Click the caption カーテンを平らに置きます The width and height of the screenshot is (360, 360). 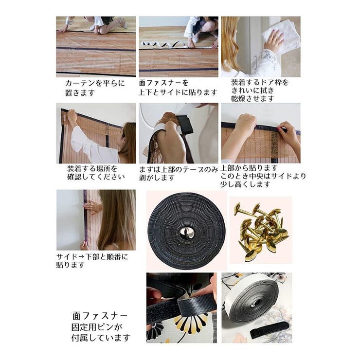(95, 88)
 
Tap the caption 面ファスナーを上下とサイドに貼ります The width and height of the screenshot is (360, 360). (178, 88)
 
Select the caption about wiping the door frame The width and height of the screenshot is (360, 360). (260, 90)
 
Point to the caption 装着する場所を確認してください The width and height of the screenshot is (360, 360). (96, 173)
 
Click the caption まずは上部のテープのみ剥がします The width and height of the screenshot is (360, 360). (179, 174)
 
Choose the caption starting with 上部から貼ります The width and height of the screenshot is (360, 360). (263, 176)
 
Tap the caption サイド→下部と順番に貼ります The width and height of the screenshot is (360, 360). (92, 261)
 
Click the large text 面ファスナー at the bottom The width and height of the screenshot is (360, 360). (100, 316)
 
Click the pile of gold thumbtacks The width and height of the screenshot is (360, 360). (261, 232)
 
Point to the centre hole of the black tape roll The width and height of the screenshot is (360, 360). (187, 233)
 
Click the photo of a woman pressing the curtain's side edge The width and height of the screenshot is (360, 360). (96, 220)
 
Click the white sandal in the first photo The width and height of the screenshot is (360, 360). (123, 23)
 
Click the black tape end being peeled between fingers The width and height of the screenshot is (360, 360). (197, 303)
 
